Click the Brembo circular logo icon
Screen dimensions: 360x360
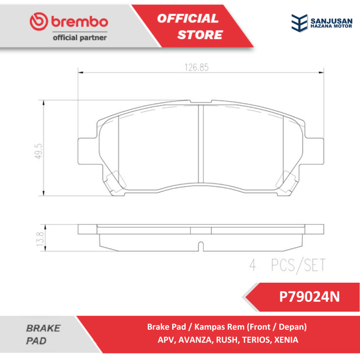39,21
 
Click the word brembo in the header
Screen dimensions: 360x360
79,21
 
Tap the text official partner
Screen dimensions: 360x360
80,38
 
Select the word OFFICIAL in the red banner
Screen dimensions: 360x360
188,18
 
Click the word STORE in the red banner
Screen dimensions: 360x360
200,35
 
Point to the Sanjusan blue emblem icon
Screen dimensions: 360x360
300,23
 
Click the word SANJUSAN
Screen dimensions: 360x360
331,21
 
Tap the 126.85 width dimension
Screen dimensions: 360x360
197,67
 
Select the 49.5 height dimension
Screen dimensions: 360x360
39,151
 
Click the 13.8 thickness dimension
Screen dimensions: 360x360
40,239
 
